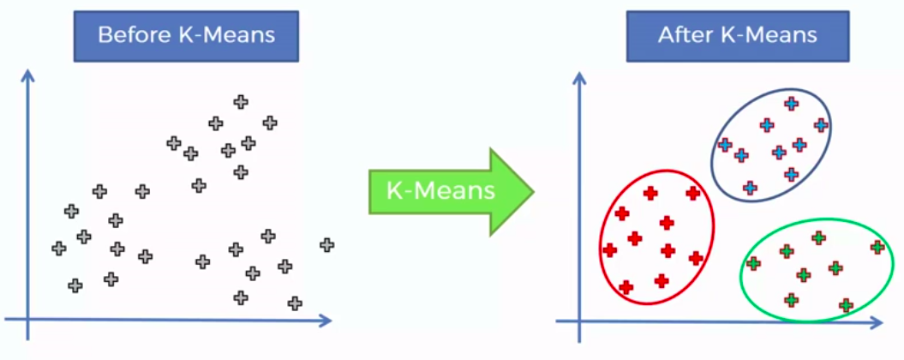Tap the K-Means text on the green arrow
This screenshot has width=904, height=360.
tap(440, 189)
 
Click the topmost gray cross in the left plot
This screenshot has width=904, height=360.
tap(241, 102)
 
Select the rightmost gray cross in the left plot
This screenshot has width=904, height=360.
tap(326, 245)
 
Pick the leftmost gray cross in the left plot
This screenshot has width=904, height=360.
tap(58, 249)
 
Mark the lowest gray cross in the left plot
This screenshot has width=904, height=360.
tap(295, 303)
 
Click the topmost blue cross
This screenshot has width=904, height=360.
tap(791, 104)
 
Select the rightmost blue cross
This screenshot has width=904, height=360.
tap(821, 124)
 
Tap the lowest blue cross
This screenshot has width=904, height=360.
tap(750, 188)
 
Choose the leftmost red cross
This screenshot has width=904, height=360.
tap(609, 250)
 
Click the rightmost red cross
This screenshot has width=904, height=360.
tap(696, 258)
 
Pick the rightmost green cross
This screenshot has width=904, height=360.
tap(877, 247)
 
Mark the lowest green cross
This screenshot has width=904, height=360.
tap(846, 305)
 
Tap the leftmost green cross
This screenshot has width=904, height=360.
tap(753, 264)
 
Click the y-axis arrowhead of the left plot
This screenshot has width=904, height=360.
tap(27, 75)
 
